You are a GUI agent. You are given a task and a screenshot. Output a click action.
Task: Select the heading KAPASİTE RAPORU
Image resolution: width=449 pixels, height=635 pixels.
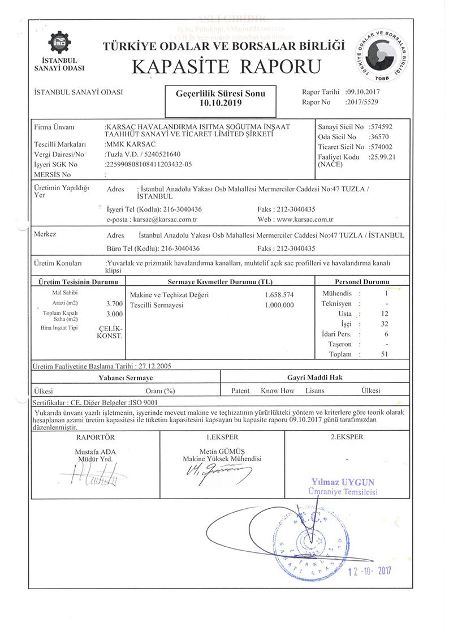point(226,66)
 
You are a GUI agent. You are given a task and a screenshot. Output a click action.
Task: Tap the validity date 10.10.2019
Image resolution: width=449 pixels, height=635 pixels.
point(220,104)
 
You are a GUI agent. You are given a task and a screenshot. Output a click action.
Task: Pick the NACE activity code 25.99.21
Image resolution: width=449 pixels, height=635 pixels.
point(382,157)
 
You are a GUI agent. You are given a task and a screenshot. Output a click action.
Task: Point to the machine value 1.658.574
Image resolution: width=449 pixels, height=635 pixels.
point(279,295)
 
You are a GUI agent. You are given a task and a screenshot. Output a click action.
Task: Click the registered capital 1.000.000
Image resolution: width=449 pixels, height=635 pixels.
point(279,305)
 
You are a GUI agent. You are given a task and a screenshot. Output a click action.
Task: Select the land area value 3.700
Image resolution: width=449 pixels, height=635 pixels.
point(114,303)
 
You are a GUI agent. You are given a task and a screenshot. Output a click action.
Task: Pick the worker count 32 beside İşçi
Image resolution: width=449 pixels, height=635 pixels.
point(385,324)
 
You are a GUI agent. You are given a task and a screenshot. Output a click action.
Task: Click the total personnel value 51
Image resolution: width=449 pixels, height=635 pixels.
point(385,354)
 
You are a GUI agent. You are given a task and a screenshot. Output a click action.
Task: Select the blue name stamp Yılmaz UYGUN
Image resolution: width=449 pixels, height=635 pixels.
point(343,482)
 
